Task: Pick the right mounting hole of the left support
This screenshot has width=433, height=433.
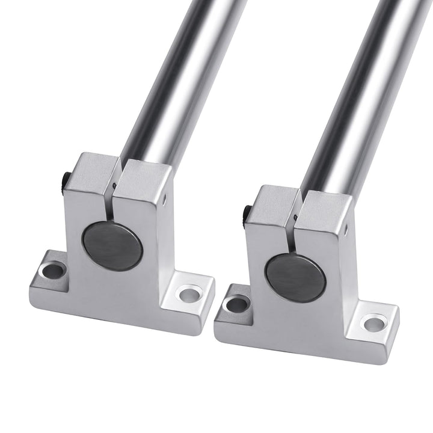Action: tap(189, 294)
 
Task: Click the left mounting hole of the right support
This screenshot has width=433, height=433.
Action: tap(238, 303)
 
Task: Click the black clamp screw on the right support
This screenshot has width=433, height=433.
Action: tap(247, 212)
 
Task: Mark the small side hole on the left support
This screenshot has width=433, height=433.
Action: tap(166, 195)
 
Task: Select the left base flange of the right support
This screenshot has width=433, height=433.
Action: tap(232, 316)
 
